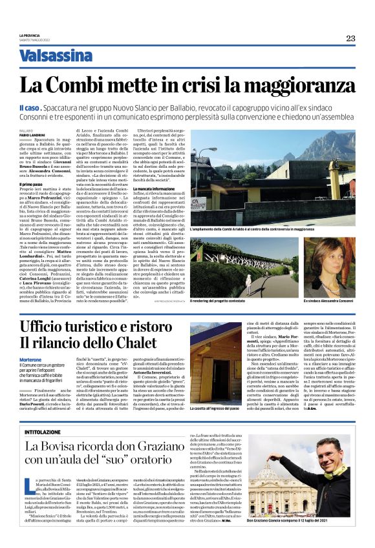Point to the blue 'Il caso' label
(30, 106)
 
